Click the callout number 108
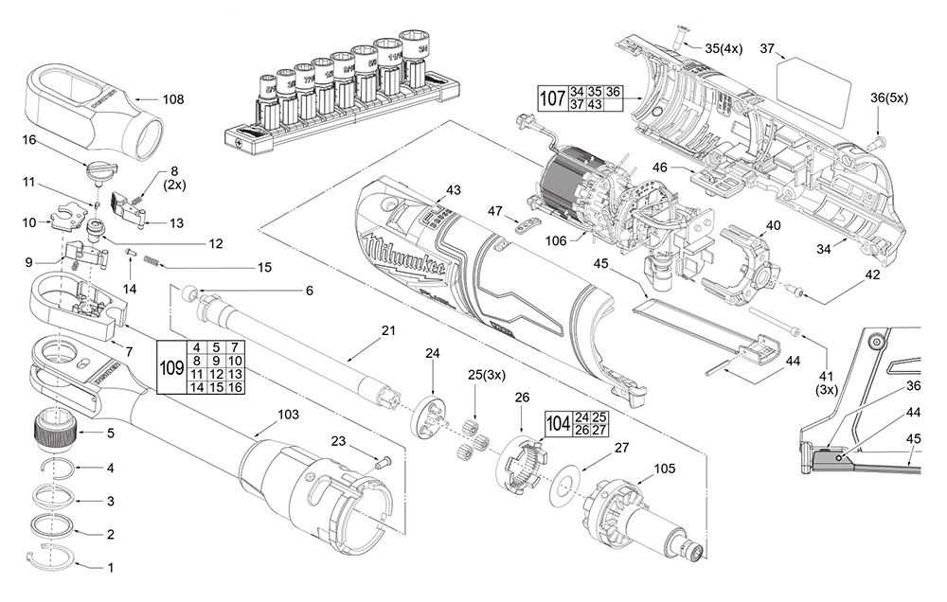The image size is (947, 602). [172, 98]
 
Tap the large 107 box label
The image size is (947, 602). [552, 97]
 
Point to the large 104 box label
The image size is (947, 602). [557, 423]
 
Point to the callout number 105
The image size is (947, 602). [666, 469]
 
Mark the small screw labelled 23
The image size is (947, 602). [381, 463]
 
